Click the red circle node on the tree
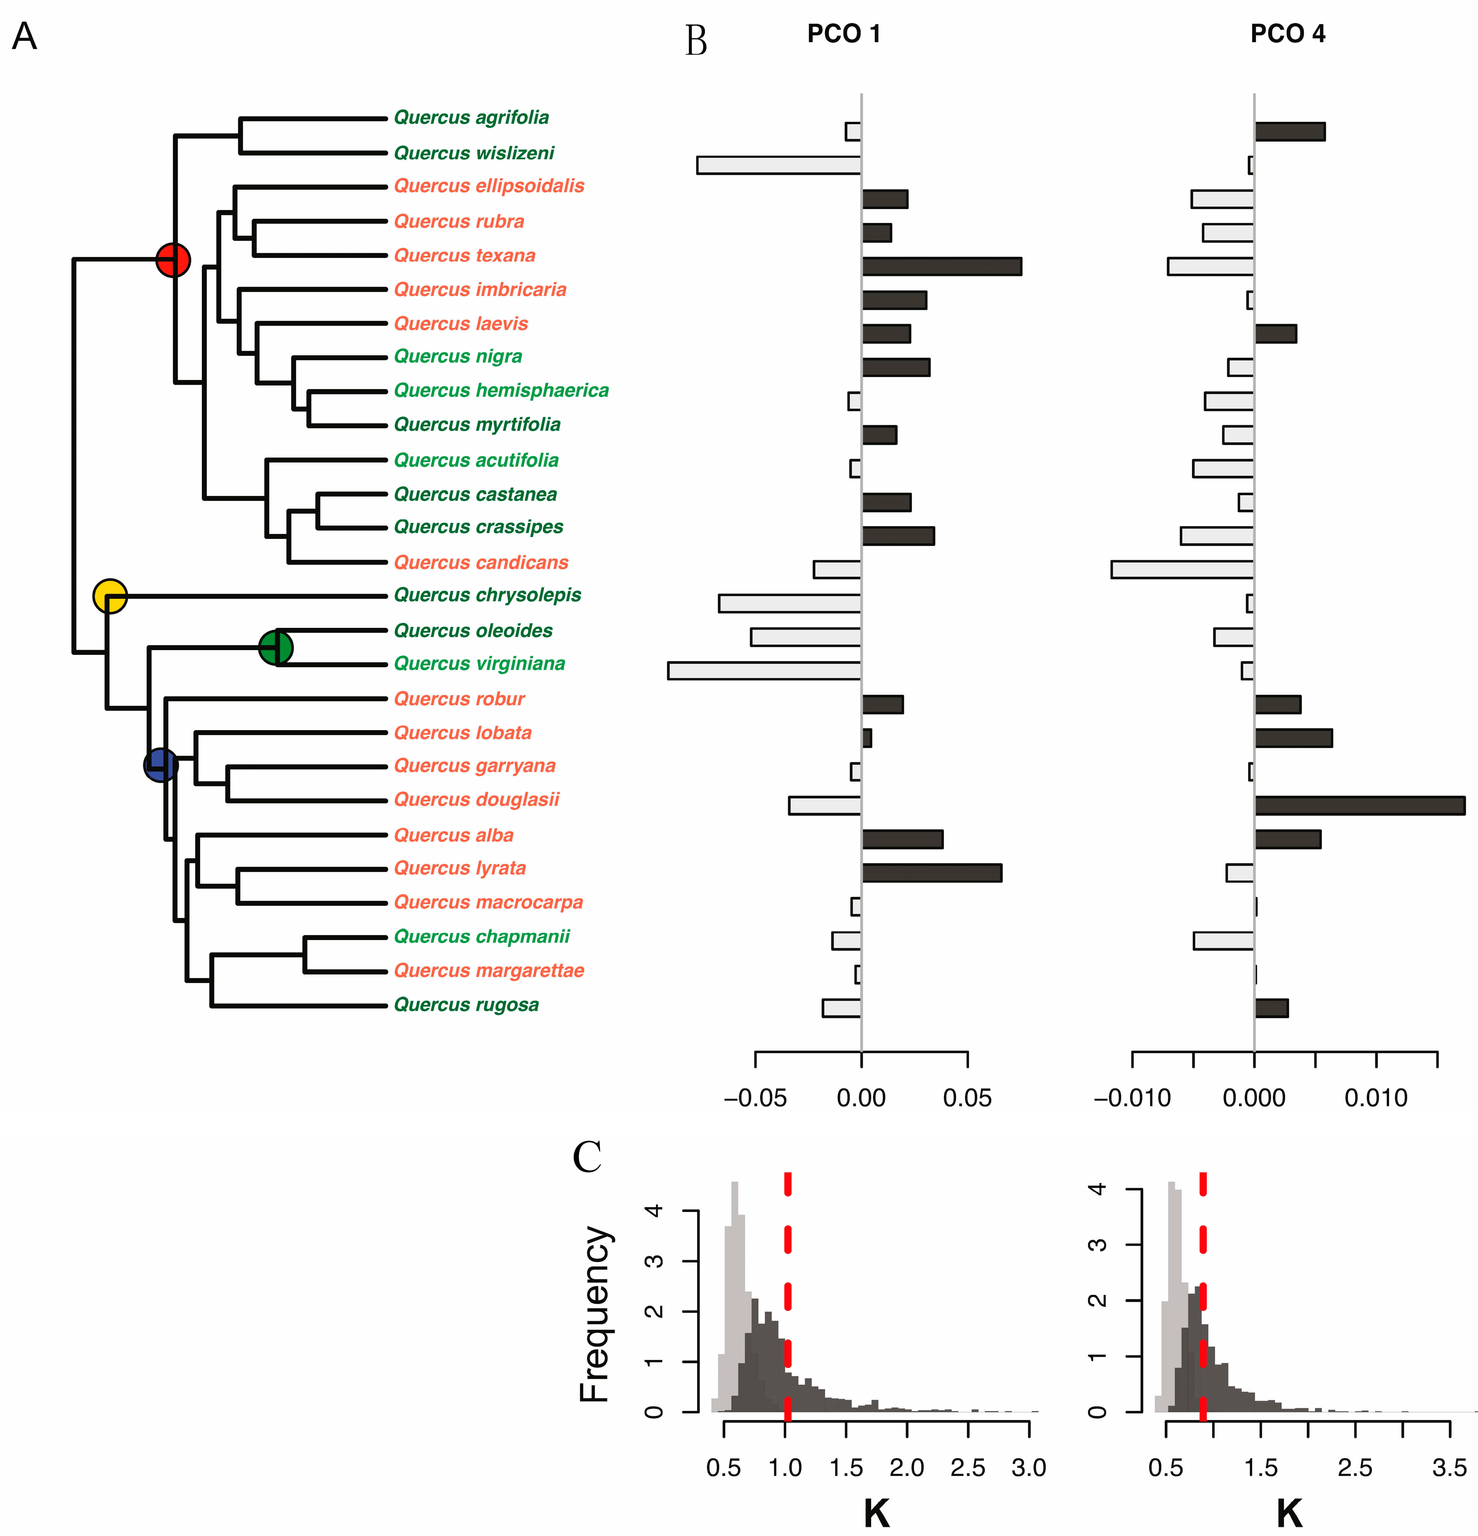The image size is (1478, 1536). [x=173, y=259]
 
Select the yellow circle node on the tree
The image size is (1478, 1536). [x=110, y=596]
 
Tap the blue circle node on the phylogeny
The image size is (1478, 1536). [x=161, y=765]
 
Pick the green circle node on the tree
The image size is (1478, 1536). [x=276, y=647]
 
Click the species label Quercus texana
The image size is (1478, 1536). [x=465, y=256]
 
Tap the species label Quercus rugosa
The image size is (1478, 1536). [x=466, y=1005]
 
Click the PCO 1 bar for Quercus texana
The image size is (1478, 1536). [x=941, y=267]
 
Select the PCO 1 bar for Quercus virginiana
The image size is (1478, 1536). [x=764, y=671]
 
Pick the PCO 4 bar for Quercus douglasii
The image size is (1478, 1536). [x=1360, y=805]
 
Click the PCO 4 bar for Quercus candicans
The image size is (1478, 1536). [x=1182, y=570]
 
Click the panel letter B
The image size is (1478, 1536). [x=696, y=41]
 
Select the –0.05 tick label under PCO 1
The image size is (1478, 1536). [x=755, y=1098]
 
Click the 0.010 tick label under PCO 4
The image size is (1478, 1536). [x=1376, y=1098]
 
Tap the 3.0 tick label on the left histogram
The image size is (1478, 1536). [x=1028, y=1467]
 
